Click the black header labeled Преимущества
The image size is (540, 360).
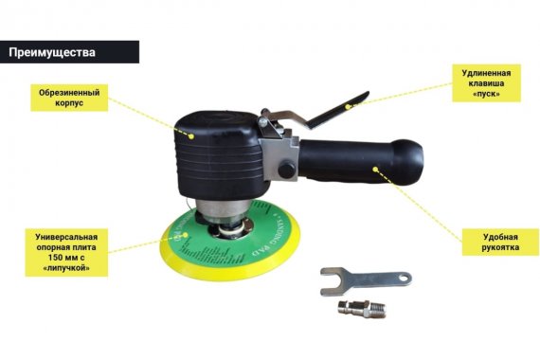pos(69,52)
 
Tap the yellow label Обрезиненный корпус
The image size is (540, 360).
pos(69,98)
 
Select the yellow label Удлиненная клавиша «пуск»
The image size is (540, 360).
pos(486,83)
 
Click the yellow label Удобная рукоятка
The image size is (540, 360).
pos(500,243)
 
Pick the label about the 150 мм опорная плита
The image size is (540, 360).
pos(67,252)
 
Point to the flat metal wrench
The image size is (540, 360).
pos(366,281)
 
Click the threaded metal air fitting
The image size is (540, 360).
pos(362,308)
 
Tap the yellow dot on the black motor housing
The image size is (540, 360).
pos(191,136)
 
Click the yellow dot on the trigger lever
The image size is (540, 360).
pos(348,107)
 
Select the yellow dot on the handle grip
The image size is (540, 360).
pos(375,170)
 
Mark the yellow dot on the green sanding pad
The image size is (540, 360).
pos(185,235)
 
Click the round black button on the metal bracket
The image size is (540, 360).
pos(286,171)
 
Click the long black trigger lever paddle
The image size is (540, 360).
pos(337,110)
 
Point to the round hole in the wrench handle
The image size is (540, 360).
pos(405,278)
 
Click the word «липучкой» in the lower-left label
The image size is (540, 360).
pos(67,268)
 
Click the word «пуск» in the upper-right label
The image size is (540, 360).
pos(486,94)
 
